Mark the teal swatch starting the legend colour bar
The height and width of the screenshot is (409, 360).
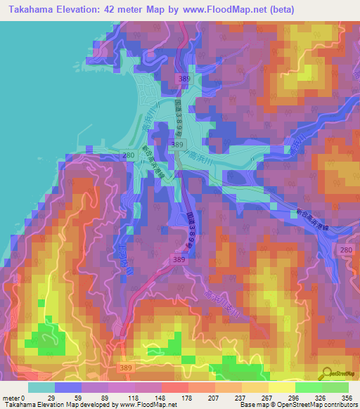tap(41, 387)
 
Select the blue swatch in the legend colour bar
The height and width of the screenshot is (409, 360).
tap(68, 387)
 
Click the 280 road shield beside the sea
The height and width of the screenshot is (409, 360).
tap(128, 155)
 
